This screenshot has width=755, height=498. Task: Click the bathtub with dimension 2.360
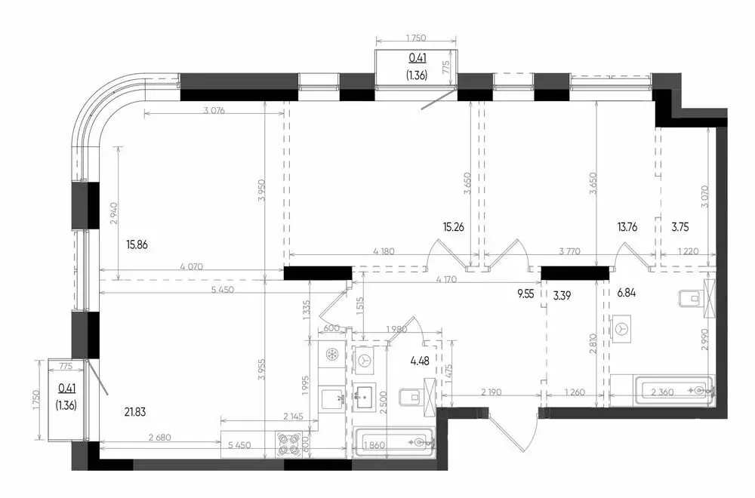(x=676, y=391)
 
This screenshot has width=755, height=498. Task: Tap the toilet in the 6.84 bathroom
(x=690, y=300)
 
